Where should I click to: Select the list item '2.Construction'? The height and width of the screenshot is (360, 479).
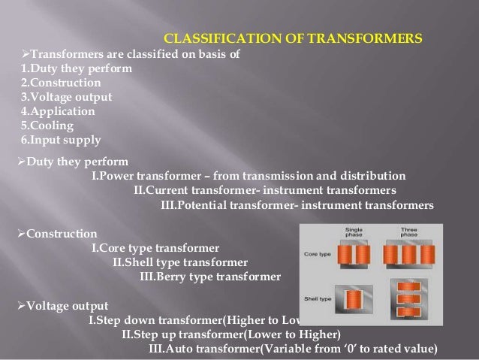coord(52,83)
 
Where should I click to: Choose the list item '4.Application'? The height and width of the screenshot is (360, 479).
coord(51,111)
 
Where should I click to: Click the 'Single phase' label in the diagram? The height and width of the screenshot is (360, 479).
coord(355,232)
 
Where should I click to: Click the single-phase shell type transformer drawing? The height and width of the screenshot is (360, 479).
coord(355,298)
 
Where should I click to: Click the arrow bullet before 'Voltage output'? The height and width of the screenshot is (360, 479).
coord(21,306)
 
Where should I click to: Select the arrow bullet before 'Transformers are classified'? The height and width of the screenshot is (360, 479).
coord(22,55)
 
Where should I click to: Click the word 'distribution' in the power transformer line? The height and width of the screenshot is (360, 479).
coord(372,176)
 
